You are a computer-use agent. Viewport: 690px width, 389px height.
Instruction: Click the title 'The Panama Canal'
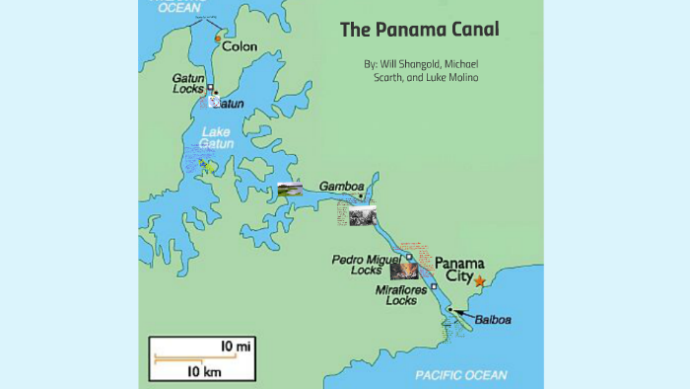(x=419, y=30)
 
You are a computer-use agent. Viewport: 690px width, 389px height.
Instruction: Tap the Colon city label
(x=240, y=46)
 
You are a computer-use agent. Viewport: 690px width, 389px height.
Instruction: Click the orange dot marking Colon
(x=218, y=39)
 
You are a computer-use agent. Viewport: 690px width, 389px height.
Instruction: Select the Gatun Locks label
(x=188, y=83)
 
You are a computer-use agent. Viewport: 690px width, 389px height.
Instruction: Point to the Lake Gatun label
(x=217, y=137)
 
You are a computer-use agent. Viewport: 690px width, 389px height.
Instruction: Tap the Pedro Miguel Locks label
(x=357, y=264)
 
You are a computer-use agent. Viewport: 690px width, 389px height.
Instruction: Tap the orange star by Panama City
(x=479, y=281)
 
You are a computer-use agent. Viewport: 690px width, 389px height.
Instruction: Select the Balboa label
(x=492, y=319)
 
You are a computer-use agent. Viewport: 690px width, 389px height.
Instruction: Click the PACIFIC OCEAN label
(x=460, y=375)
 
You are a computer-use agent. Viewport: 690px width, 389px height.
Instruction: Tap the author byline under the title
(x=421, y=70)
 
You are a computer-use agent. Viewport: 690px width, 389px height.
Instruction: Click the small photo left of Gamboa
(x=290, y=190)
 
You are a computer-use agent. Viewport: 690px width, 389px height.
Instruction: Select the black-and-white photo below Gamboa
(x=362, y=213)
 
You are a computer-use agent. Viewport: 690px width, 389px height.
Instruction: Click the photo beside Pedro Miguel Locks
(x=404, y=270)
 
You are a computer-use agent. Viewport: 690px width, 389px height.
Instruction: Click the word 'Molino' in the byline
(x=459, y=78)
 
